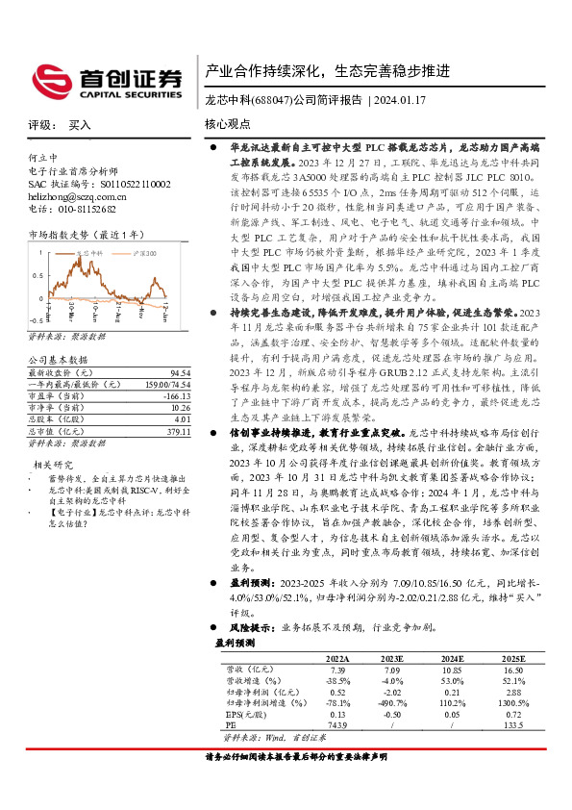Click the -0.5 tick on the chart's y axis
click(36, 317)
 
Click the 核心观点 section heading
click(228, 124)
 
